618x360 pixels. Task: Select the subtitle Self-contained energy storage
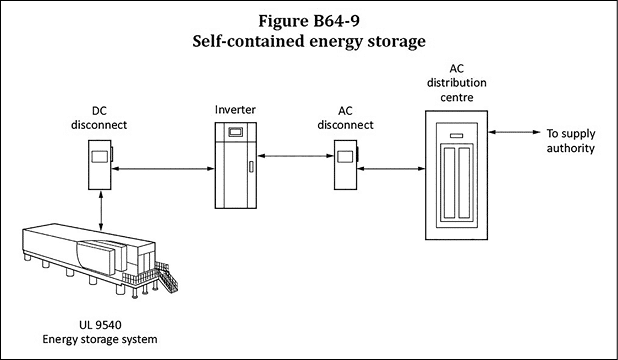pyautogui.click(x=309, y=43)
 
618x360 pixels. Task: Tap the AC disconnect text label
pyautogui.click(x=345, y=118)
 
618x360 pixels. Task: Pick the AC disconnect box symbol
pyautogui.click(x=346, y=161)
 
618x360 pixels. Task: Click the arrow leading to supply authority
pyautogui.click(x=514, y=132)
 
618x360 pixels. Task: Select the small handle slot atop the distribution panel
pyautogui.click(x=455, y=134)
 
